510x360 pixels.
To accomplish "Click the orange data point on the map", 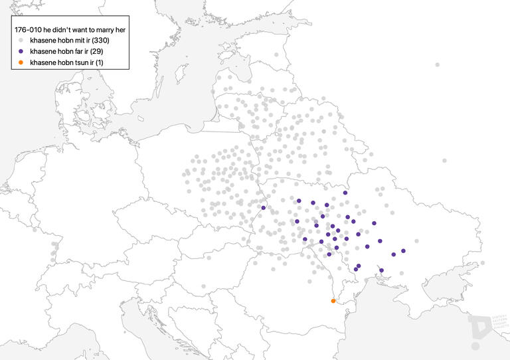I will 333,301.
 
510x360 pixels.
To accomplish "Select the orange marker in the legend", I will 21,62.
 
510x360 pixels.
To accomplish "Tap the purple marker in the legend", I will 21,51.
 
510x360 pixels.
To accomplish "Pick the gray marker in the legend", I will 21,41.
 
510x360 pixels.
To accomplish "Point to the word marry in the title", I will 106,30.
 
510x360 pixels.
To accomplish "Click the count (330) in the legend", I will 99,41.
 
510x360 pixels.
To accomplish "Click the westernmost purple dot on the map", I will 264,208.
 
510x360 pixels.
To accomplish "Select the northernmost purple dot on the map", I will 345,193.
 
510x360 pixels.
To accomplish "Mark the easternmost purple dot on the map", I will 403,251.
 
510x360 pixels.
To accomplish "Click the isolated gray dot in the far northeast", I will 437,64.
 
